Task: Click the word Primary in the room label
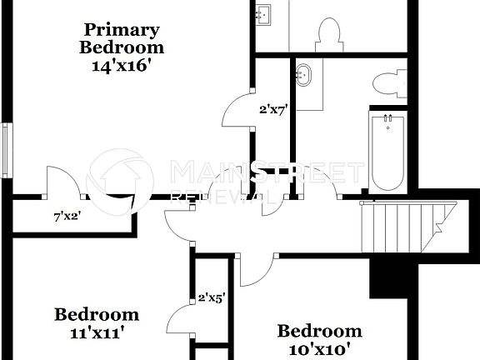[x=122, y=31]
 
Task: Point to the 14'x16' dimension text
[x=122, y=66]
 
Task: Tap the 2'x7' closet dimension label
[x=273, y=108]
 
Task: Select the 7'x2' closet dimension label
[x=67, y=217]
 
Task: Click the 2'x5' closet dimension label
[x=212, y=296]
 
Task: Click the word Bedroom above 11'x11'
[x=96, y=314]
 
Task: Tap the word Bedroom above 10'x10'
[x=319, y=331]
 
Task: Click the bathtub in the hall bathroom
[x=387, y=152]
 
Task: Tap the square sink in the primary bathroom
[x=264, y=15]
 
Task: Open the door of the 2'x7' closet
[x=239, y=112]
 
